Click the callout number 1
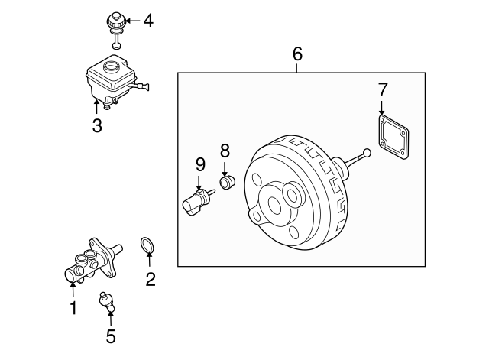[x=73, y=309]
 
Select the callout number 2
[x=151, y=280]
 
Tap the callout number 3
[x=97, y=126]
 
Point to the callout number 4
[x=148, y=21]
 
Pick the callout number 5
[x=111, y=335]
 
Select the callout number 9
[x=200, y=164]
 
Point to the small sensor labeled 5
[x=108, y=301]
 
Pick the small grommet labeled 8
[x=226, y=183]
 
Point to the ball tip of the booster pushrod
[x=369, y=154]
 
